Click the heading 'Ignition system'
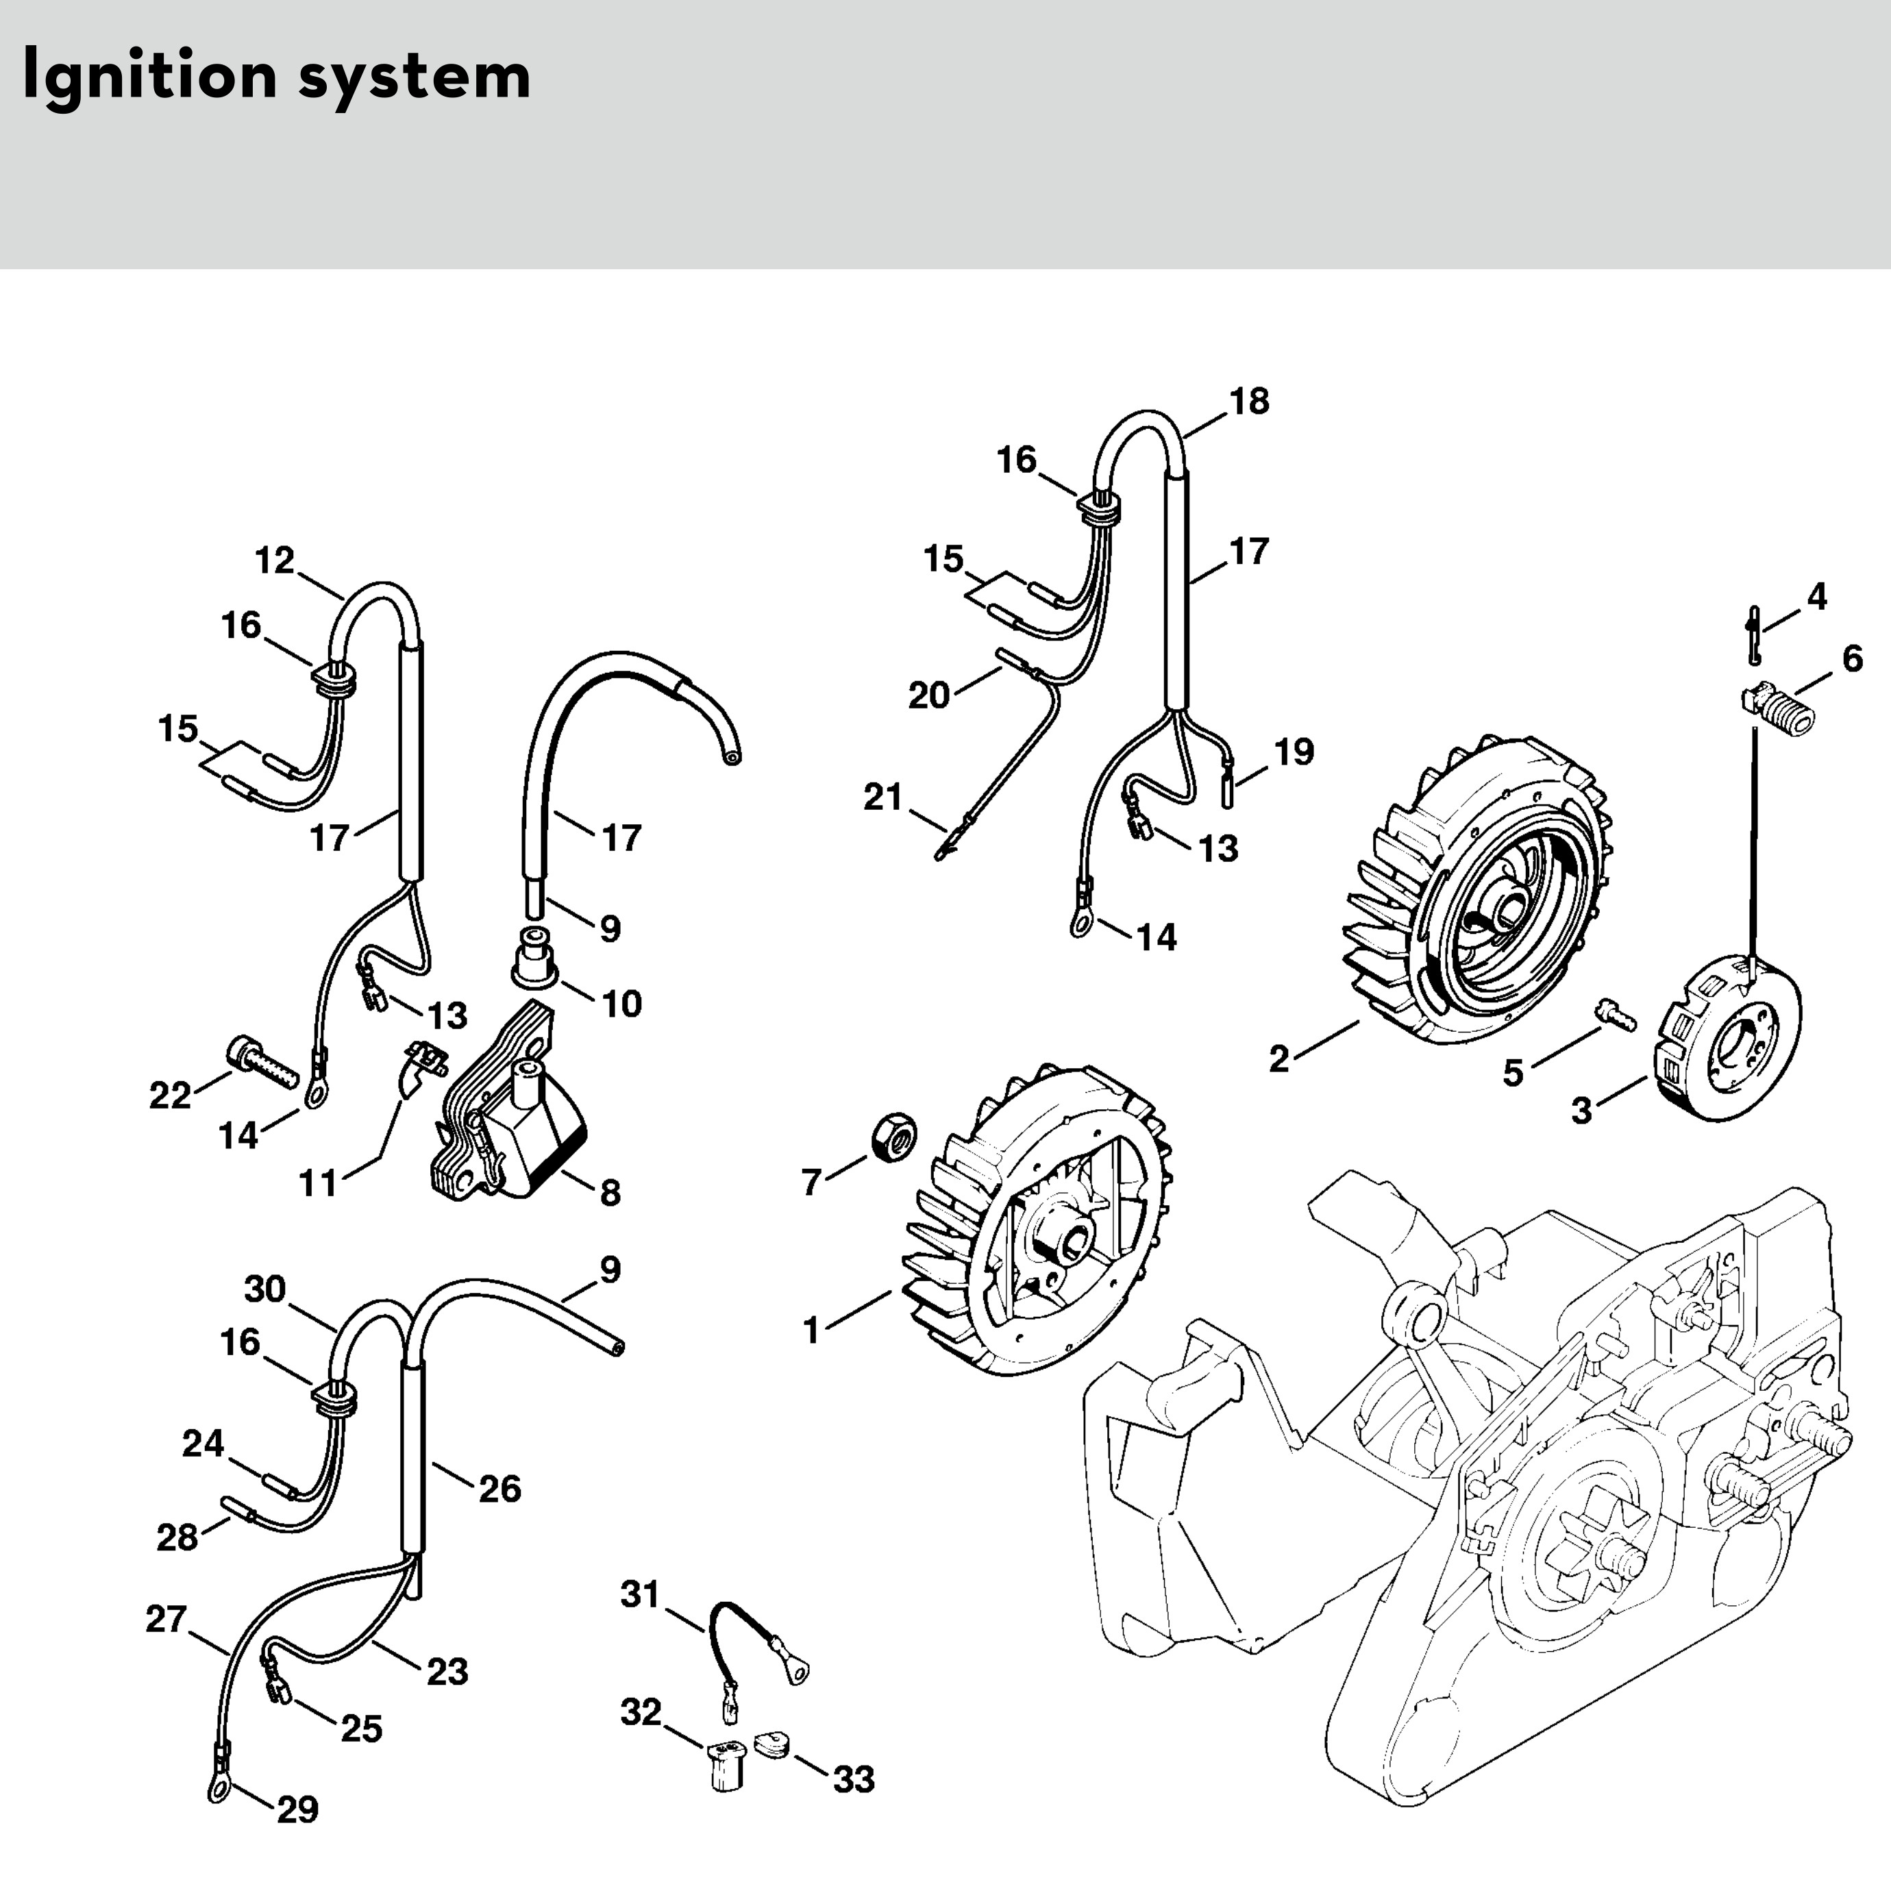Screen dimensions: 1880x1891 pyautogui.click(x=276, y=76)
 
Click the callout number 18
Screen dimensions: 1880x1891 pyautogui.click(x=1249, y=401)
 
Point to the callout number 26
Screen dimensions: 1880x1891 pyautogui.click(x=499, y=1490)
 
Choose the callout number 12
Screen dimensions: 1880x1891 pyautogui.click(x=275, y=560)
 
